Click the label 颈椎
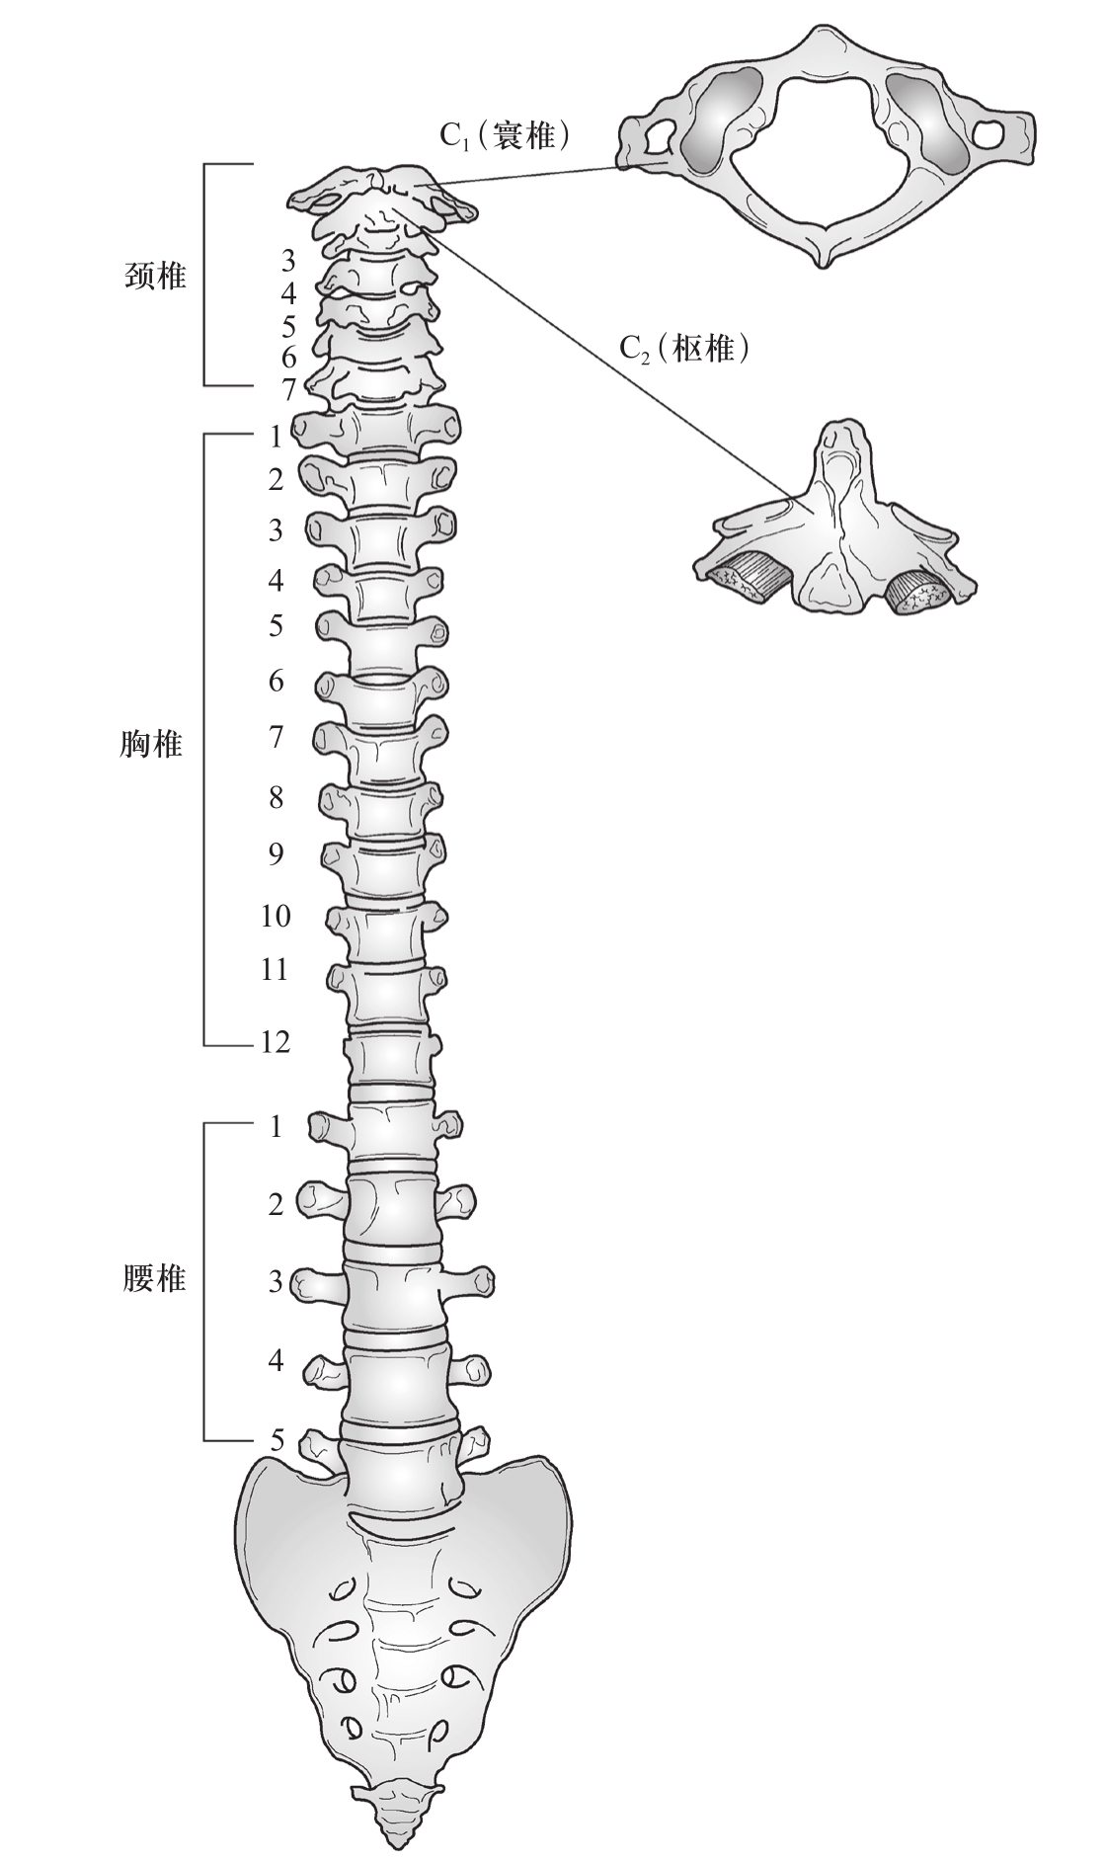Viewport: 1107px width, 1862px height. coord(156,276)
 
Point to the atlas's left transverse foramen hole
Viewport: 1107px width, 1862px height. coord(653,139)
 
